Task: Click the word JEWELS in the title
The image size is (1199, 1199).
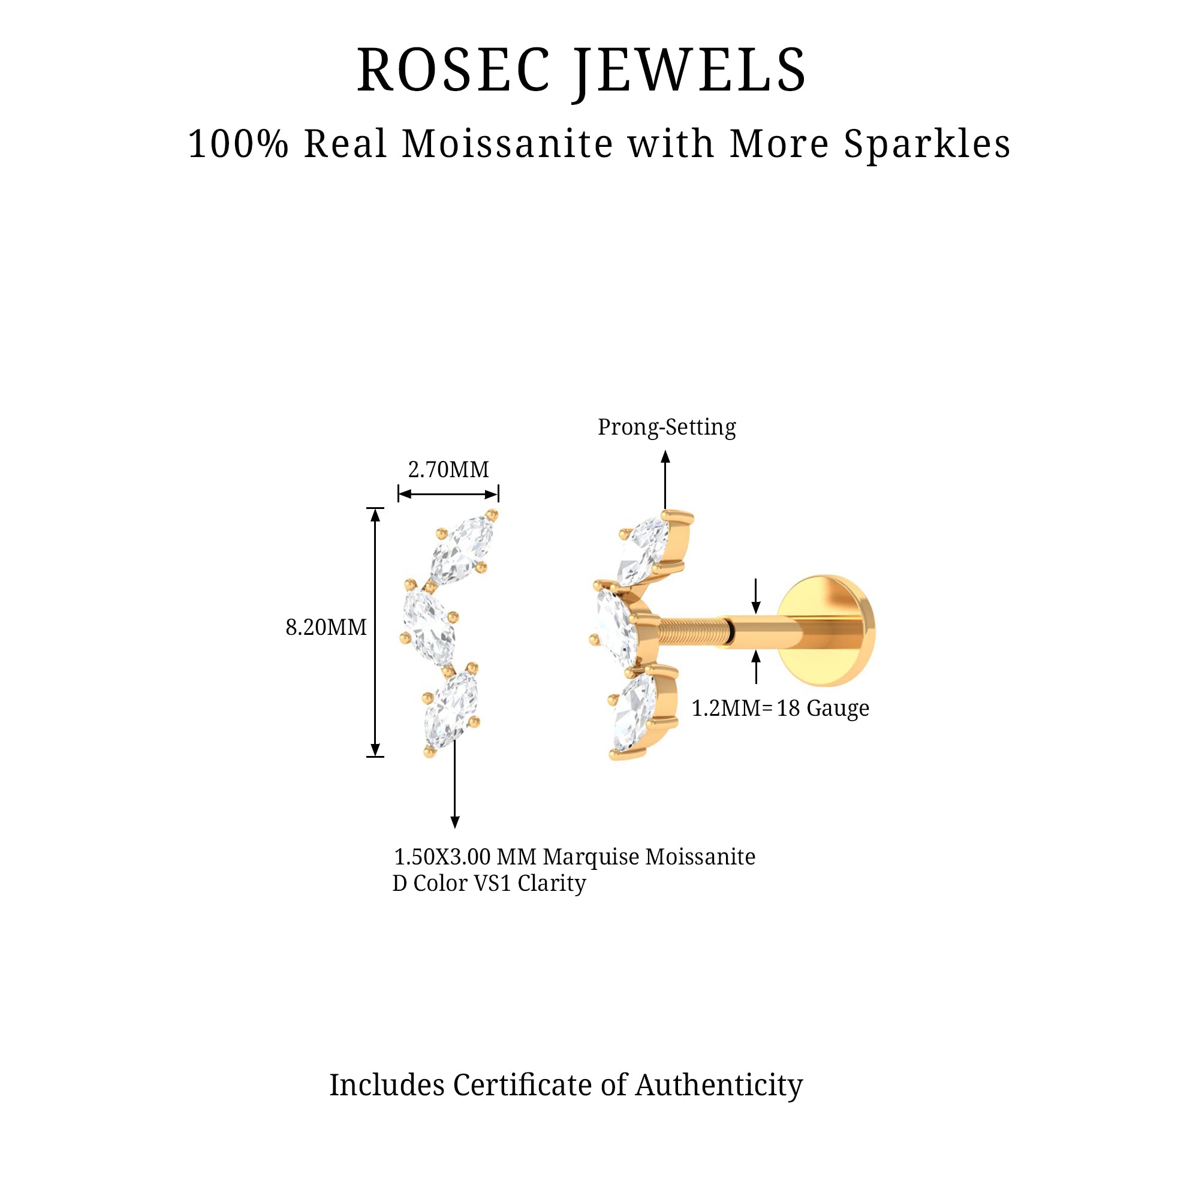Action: (x=690, y=71)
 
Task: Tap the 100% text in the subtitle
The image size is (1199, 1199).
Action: (x=239, y=144)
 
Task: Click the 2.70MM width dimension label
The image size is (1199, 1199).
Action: (x=448, y=470)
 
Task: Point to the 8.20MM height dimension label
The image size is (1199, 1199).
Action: (x=326, y=628)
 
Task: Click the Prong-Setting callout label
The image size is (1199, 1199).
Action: (x=667, y=427)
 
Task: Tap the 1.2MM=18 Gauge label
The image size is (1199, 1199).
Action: (x=780, y=708)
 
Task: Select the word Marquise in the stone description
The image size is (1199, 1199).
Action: (x=591, y=857)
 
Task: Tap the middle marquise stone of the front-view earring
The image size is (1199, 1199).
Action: (x=429, y=628)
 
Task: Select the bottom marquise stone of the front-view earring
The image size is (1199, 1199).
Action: (x=451, y=708)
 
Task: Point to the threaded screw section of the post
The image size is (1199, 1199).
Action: (x=692, y=631)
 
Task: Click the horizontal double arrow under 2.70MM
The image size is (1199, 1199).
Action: (x=448, y=495)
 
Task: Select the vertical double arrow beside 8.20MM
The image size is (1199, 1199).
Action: (x=375, y=632)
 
